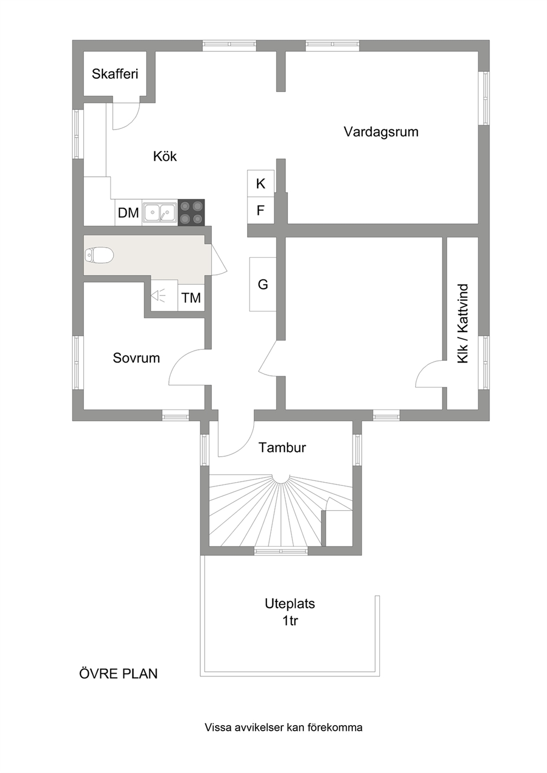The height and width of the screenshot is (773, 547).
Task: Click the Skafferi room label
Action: pos(115,74)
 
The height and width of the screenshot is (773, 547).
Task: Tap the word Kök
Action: pos(165,156)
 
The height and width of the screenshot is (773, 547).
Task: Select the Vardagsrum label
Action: pos(381,132)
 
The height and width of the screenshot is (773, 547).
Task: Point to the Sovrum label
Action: pos(136,358)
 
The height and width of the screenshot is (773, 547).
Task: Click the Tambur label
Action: pos(282,447)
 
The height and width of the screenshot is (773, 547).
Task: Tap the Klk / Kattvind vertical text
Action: pos(463,323)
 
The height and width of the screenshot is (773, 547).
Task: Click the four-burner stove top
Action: pos(191,213)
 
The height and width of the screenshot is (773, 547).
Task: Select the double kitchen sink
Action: pos(160,212)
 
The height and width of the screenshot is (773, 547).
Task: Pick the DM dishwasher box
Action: pos(128,213)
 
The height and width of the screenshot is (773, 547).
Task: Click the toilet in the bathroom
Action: pos(99,255)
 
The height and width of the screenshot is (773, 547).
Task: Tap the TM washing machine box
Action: pos(191,297)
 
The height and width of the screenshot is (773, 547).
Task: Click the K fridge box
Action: pos(261,183)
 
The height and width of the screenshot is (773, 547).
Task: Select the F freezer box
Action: pos(261,210)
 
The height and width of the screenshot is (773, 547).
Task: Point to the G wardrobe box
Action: pos(263,284)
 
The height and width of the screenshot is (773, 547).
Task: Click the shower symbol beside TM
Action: pos(158,296)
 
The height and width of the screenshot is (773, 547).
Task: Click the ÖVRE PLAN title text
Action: pos(119,674)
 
